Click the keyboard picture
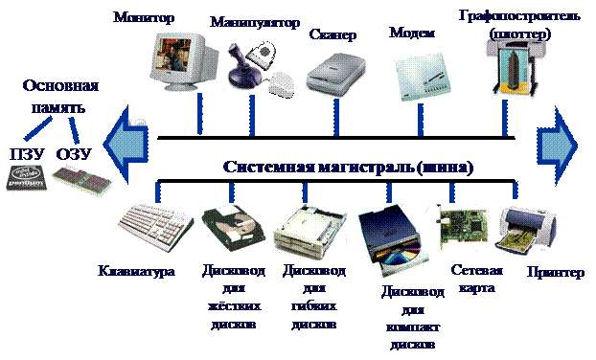tap(149, 228)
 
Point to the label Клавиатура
tap(135, 271)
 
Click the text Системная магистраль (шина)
tap(348, 167)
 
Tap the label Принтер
tap(555, 274)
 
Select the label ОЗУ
tap(69, 153)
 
